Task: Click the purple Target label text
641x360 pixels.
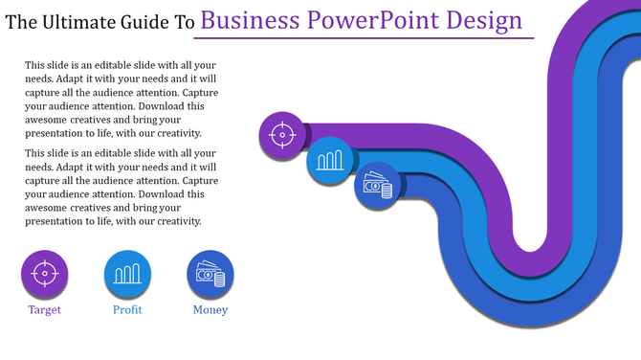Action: pos(45,310)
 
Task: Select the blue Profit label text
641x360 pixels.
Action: pos(127,310)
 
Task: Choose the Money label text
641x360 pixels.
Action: pos(210,310)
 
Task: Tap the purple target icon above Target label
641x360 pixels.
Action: pos(45,274)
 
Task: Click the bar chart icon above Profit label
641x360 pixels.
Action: pos(127,274)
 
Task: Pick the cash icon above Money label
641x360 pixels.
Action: pos(210,274)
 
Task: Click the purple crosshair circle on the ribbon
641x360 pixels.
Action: pos(282,135)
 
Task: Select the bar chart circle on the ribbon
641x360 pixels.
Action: pos(330,160)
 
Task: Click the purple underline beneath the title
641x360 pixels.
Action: pos(364,39)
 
